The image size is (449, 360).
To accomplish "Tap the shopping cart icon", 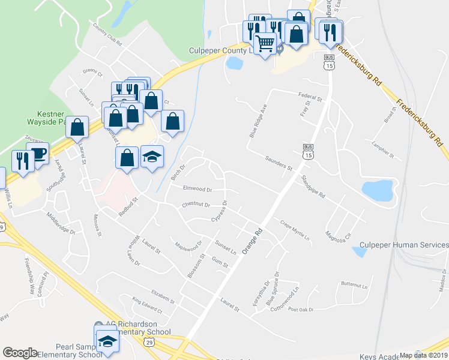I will point(265,43).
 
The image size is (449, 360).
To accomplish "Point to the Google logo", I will point(20,353).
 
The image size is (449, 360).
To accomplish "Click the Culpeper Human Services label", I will point(403,245).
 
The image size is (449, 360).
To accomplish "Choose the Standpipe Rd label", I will point(313,187).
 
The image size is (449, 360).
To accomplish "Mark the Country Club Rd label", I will point(107,35).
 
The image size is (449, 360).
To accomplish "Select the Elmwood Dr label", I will point(197,189).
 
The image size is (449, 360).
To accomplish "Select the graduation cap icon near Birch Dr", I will point(152,157).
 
